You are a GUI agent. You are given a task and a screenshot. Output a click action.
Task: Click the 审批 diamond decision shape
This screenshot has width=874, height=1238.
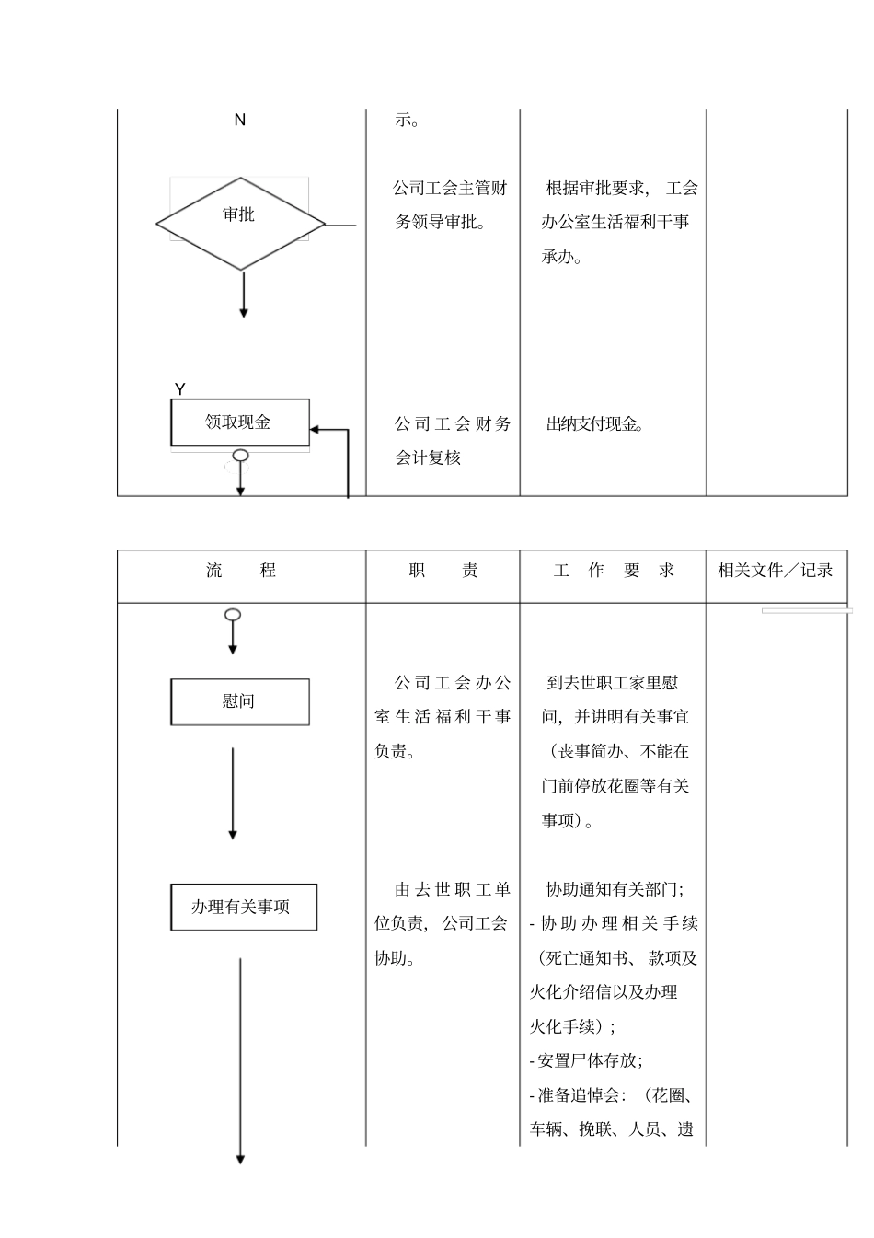(x=240, y=223)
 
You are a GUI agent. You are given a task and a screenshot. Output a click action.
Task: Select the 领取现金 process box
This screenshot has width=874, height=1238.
(x=240, y=422)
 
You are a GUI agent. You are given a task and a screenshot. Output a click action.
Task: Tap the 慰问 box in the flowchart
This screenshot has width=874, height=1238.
(x=239, y=701)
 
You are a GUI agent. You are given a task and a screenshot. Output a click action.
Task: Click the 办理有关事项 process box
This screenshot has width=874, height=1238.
(x=243, y=907)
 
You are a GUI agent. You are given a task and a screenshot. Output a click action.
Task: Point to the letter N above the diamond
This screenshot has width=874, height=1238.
(x=240, y=120)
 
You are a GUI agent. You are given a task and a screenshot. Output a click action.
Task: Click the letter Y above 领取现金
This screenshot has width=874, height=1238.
(x=180, y=389)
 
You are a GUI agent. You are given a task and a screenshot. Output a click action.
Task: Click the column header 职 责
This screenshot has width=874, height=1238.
(x=443, y=571)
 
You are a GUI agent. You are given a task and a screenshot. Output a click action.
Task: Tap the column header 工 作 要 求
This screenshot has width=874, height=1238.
(x=614, y=571)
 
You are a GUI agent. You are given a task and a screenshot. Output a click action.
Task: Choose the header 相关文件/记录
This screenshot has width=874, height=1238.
(x=776, y=571)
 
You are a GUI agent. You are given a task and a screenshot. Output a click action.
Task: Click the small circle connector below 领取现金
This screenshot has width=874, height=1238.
(x=241, y=455)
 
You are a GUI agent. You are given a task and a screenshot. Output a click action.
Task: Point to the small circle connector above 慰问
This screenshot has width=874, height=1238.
(x=233, y=614)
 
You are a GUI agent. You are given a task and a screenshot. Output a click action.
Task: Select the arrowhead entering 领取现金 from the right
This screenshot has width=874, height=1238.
(x=316, y=429)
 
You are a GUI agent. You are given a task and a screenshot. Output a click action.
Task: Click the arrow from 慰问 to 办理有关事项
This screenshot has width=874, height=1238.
(x=233, y=792)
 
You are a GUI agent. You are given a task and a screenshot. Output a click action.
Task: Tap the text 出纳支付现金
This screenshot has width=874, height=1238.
(x=594, y=424)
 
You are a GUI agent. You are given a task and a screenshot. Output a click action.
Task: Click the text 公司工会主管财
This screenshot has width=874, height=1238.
(x=450, y=188)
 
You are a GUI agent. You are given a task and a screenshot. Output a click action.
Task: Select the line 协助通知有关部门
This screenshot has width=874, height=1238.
(x=614, y=889)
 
